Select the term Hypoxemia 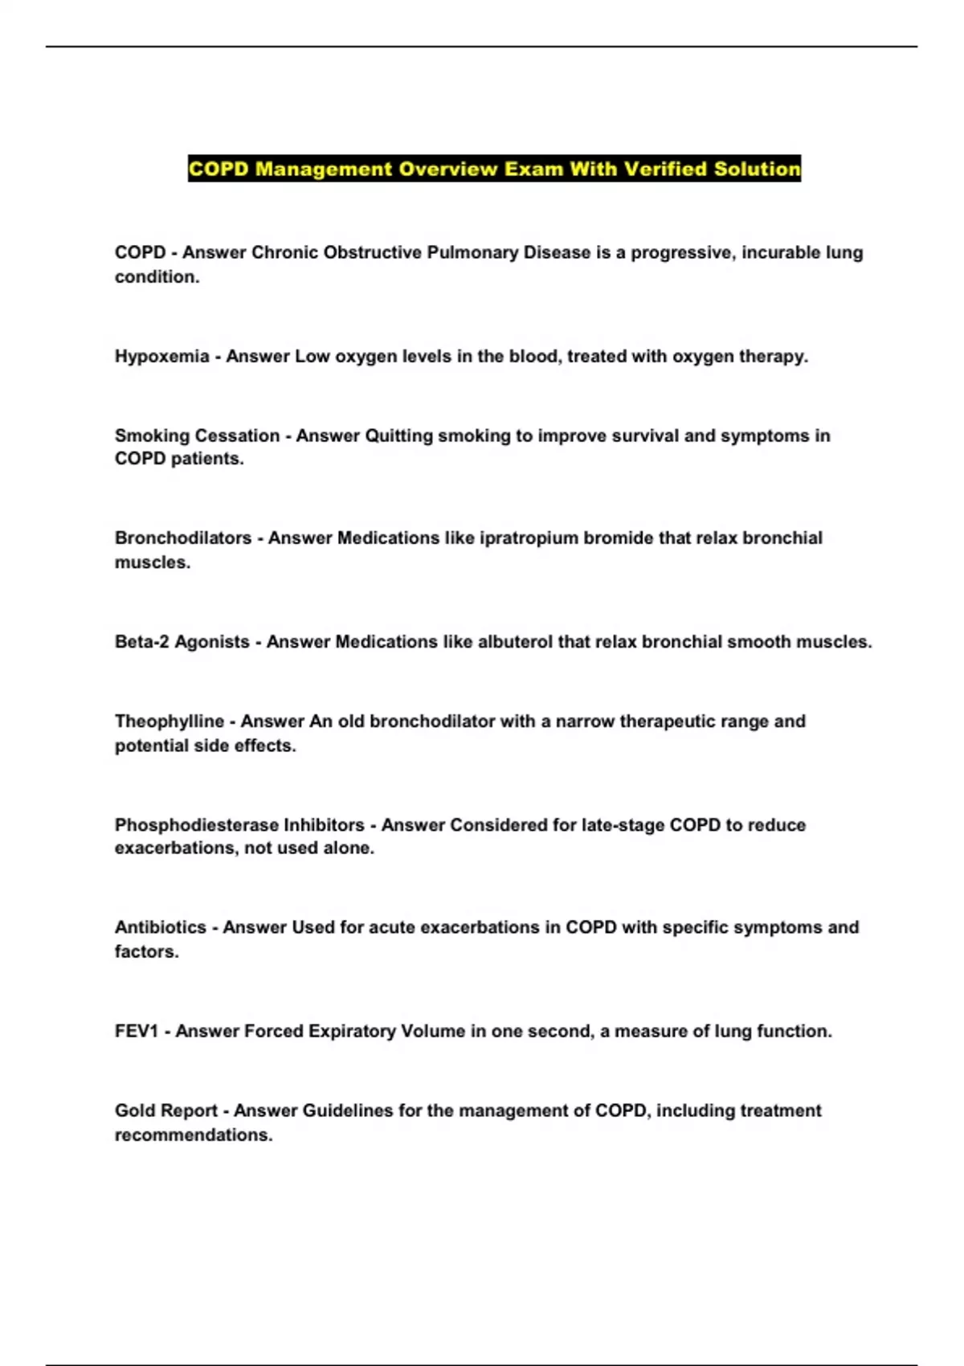pos(161,356)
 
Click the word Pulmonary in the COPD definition pos(472,252)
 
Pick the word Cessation pos(239,436)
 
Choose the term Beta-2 pos(141,642)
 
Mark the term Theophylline pos(169,722)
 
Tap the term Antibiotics pos(160,927)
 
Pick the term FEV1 pos(137,1031)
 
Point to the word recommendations pos(193,1135)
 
